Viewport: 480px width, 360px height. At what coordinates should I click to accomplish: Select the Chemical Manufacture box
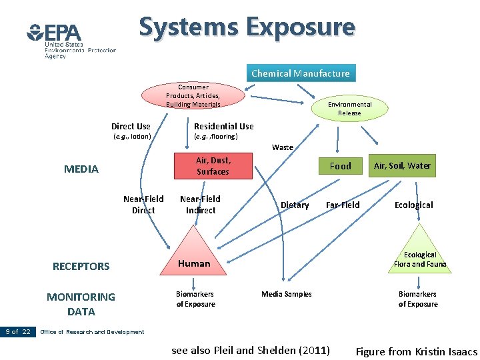pos(300,73)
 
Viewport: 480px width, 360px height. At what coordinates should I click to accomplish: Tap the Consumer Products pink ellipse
pos(193,95)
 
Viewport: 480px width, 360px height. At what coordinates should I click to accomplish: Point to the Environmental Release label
pos(349,109)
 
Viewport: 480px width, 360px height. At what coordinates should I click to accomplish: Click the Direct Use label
pos(131,127)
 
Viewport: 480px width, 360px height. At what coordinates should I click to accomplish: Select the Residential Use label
pos(223,127)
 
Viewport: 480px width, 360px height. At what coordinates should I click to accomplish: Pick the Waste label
pos(282,147)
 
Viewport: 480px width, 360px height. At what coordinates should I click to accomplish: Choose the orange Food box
pos(340,166)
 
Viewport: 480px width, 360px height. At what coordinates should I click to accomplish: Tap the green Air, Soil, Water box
pos(402,165)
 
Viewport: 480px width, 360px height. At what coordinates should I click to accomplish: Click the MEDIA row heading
pos(81,169)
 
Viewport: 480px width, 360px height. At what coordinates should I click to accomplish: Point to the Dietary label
pos(295,205)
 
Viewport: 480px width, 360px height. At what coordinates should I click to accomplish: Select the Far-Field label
pos(343,205)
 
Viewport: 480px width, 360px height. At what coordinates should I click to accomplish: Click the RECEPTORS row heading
pos(81,267)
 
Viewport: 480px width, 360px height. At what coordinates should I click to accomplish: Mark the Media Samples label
pos(286,294)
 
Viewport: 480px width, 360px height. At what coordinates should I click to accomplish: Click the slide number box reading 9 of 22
pos(18,331)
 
